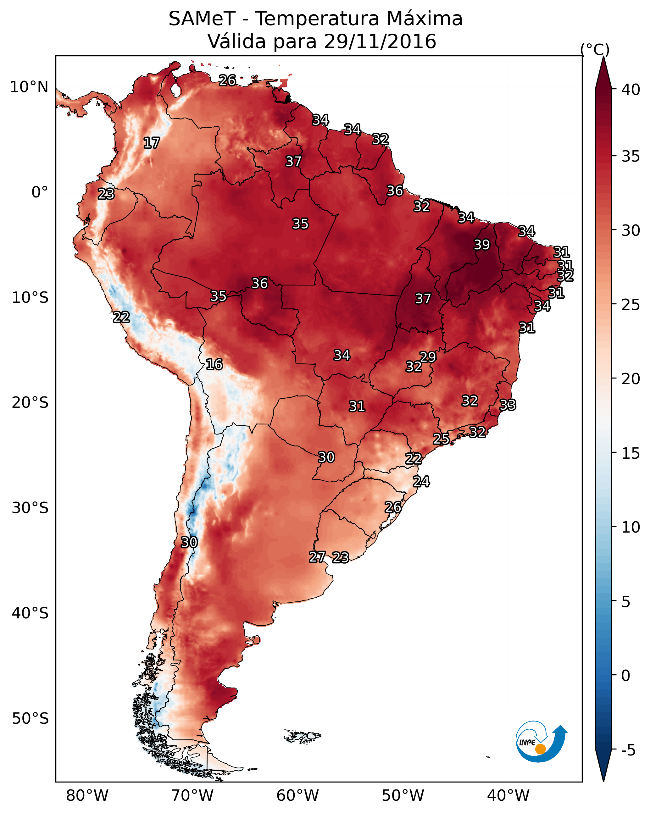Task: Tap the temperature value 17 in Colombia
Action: point(152,143)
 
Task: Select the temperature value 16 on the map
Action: point(214,364)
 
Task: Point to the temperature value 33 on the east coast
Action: point(508,405)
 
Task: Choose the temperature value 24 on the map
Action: point(421,482)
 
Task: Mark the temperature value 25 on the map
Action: point(441,439)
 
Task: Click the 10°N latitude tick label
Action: point(29,87)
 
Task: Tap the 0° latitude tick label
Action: point(40,192)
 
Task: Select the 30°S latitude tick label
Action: point(30,508)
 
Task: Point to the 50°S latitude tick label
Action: point(30,719)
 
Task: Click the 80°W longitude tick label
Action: point(87,795)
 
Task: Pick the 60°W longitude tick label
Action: point(298,795)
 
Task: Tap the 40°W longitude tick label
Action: point(508,795)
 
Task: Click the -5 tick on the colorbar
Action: point(628,750)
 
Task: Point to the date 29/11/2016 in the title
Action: point(380,41)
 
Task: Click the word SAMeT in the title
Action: point(202,19)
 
